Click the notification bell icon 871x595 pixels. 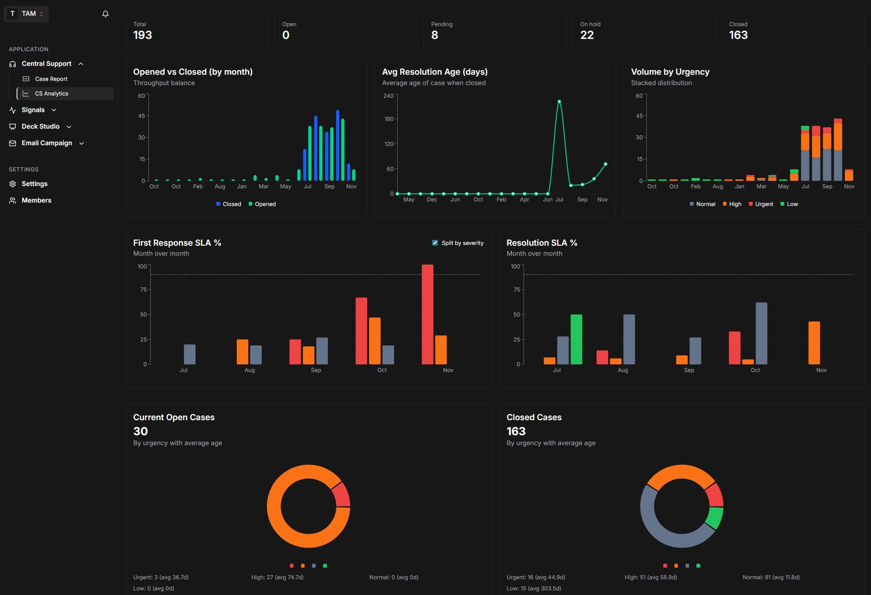click(105, 14)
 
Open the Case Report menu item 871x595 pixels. click(51, 79)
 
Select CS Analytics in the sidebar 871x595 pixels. click(51, 94)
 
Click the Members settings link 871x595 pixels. click(36, 200)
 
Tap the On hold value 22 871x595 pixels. click(586, 35)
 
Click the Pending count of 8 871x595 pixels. click(434, 35)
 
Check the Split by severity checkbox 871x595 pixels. click(435, 243)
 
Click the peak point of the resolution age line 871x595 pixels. click(559, 102)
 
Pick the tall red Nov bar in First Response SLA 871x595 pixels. click(427, 314)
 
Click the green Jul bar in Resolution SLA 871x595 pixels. click(576, 339)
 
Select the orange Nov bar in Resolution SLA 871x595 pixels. click(814, 343)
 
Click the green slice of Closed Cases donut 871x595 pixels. click(714, 518)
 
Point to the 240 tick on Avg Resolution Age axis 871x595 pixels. click(388, 96)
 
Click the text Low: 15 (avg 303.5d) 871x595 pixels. click(534, 588)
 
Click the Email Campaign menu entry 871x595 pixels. click(47, 143)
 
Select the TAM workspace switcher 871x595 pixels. click(26, 14)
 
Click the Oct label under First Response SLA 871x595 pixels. click(382, 370)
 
